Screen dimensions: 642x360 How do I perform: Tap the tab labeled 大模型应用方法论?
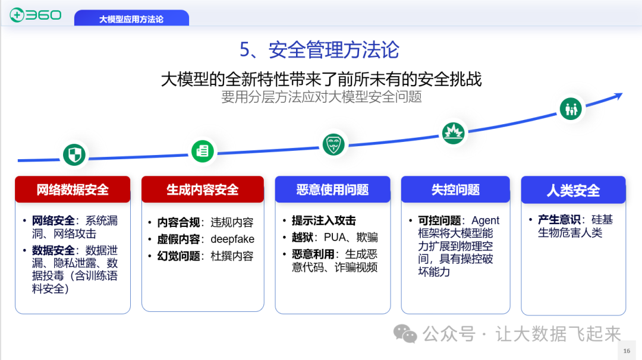(x=131, y=19)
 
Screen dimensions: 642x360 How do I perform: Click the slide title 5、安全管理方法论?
(x=319, y=50)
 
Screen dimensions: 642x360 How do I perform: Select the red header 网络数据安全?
(x=73, y=190)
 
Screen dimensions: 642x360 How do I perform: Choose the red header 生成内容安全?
(x=202, y=190)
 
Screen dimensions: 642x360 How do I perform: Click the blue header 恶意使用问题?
(x=332, y=190)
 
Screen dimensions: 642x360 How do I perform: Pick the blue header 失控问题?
(x=455, y=190)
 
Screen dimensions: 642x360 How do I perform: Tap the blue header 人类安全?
(x=573, y=190)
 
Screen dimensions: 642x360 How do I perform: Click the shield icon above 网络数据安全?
(x=74, y=155)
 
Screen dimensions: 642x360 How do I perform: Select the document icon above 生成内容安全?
(x=203, y=151)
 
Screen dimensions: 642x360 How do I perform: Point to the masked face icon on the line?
(x=333, y=144)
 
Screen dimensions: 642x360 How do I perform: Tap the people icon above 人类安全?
(x=571, y=109)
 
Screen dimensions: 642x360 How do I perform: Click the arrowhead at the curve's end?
(x=618, y=96)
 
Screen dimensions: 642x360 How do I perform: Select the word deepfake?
(x=232, y=239)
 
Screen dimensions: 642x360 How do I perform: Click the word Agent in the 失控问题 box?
(x=486, y=220)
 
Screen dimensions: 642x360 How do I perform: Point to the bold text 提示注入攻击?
(x=323, y=220)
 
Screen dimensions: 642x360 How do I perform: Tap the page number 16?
(x=627, y=351)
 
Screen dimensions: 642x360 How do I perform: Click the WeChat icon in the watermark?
(x=406, y=334)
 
